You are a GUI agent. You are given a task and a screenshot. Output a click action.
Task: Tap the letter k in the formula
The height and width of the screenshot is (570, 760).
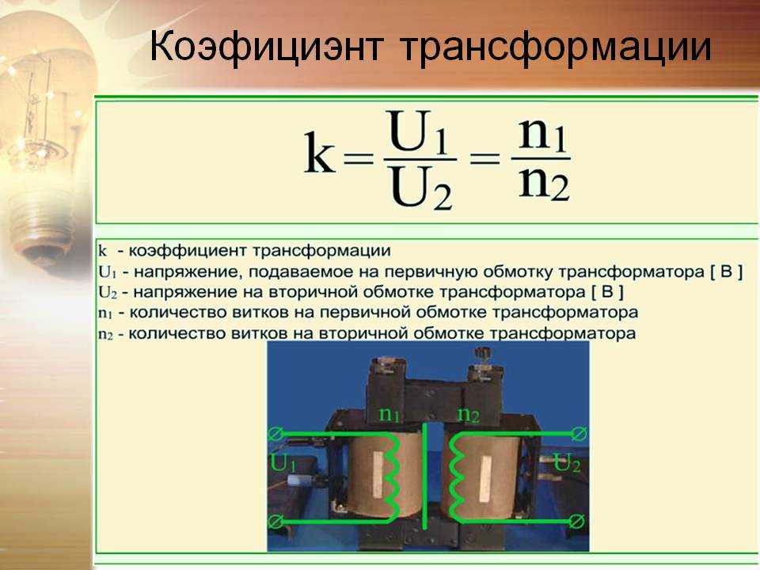[319, 153]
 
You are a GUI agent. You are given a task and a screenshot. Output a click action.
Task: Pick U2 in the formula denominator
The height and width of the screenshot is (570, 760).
[421, 187]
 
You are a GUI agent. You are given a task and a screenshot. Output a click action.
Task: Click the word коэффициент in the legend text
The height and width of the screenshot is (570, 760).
[188, 251]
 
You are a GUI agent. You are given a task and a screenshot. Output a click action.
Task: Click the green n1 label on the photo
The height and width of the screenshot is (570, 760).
[389, 414]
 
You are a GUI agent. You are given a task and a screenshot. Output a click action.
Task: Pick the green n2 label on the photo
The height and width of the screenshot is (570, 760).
[468, 414]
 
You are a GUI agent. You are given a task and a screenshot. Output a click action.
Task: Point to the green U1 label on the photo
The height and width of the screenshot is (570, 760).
[283, 463]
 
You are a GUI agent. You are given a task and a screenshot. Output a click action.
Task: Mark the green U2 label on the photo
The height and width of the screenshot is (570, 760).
[567, 463]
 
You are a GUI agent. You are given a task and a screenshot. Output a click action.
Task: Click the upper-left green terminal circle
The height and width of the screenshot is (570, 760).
[275, 434]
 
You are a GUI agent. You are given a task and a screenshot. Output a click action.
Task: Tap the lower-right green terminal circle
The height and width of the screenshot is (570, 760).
[576, 522]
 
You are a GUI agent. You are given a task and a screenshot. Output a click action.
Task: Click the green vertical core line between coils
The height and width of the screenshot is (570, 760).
[425, 476]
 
